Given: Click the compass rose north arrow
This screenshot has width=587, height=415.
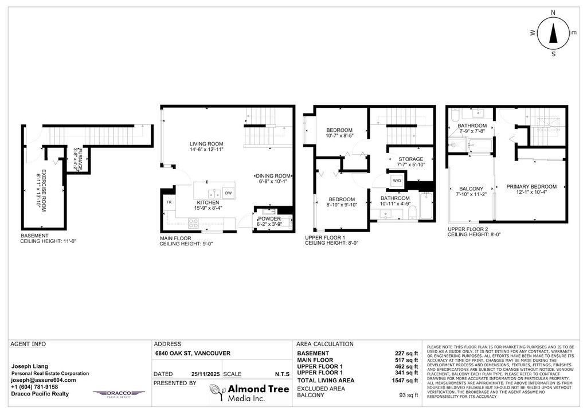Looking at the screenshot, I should click(553, 34).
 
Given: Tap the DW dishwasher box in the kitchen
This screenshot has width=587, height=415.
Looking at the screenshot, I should click(228, 193).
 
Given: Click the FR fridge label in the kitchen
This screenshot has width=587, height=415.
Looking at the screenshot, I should click(169, 202).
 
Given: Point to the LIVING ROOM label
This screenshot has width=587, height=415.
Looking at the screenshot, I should click(207, 144).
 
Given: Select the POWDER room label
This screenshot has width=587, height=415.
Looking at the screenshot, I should click(269, 219).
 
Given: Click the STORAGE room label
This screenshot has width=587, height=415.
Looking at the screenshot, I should click(410, 159).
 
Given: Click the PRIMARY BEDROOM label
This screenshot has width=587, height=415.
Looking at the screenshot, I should click(531, 186).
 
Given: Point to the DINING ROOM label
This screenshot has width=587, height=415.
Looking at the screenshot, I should click(273, 176).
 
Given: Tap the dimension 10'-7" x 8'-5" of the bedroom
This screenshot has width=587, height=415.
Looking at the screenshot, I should click(339, 136).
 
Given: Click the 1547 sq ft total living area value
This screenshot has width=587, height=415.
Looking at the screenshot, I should click(406, 381).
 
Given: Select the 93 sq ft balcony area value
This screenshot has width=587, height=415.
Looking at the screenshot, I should click(408, 395).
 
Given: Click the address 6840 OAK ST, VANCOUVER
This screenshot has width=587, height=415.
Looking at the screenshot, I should click(193, 354).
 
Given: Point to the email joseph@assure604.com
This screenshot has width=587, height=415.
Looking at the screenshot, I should click(44, 380).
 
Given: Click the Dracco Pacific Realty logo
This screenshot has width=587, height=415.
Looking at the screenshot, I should click(112, 394).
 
